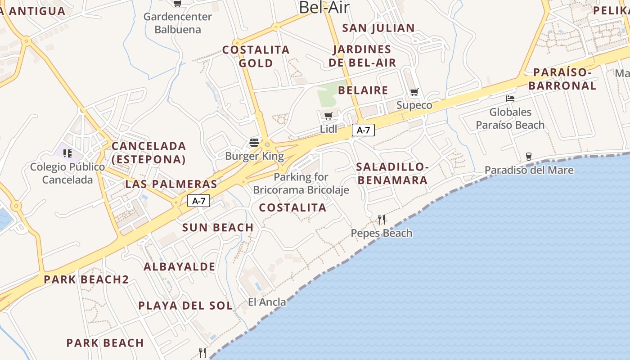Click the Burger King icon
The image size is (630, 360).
click(x=254, y=143)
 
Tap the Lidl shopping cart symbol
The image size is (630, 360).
click(x=328, y=116)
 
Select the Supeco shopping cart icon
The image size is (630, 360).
click(x=414, y=92)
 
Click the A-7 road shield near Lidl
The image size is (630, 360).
click(x=363, y=130)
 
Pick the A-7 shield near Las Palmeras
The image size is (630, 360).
click(x=198, y=201)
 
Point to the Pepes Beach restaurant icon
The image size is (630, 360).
click(x=382, y=220)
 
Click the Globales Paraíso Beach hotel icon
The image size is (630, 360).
click(x=510, y=98)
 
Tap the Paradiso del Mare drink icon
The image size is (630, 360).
click(x=529, y=157)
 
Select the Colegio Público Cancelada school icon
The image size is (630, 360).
click(x=67, y=153)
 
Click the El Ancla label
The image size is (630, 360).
click(x=267, y=302)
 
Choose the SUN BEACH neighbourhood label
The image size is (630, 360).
click(x=218, y=228)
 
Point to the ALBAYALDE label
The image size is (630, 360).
click(x=179, y=267)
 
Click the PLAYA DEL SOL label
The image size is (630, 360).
click(x=185, y=306)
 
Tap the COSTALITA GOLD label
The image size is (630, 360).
click(x=256, y=56)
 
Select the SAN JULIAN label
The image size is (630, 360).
click(x=378, y=28)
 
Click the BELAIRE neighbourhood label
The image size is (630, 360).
click(x=363, y=90)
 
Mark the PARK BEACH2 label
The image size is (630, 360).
click(x=86, y=279)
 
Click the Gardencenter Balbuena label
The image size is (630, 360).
click(x=178, y=23)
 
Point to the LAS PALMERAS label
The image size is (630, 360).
click(x=171, y=184)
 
